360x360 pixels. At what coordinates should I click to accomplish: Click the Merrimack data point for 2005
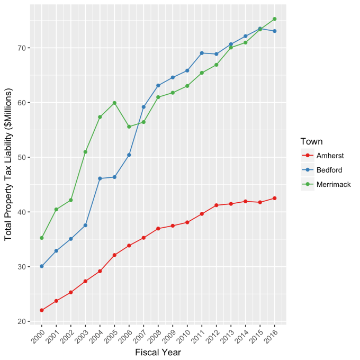pyautogui.click(x=114, y=103)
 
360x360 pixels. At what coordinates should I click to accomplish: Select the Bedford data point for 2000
pyautogui.click(x=42, y=266)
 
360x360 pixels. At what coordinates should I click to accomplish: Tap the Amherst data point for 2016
pyautogui.click(x=274, y=199)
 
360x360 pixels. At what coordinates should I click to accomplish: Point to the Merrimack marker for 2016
pyautogui.click(x=274, y=19)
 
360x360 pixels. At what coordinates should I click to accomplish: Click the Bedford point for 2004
pyautogui.click(x=100, y=178)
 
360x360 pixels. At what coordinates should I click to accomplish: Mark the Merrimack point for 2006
pyautogui.click(x=129, y=127)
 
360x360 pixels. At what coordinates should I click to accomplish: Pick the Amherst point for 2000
pyautogui.click(x=42, y=310)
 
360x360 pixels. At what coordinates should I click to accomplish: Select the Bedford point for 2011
pyautogui.click(x=202, y=53)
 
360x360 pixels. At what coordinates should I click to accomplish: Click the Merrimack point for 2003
pyautogui.click(x=85, y=152)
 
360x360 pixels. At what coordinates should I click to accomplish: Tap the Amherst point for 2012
pyautogui.click(x=216, y=205)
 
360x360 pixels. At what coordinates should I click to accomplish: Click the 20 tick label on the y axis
pyautogui.click(x=21, y=321)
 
